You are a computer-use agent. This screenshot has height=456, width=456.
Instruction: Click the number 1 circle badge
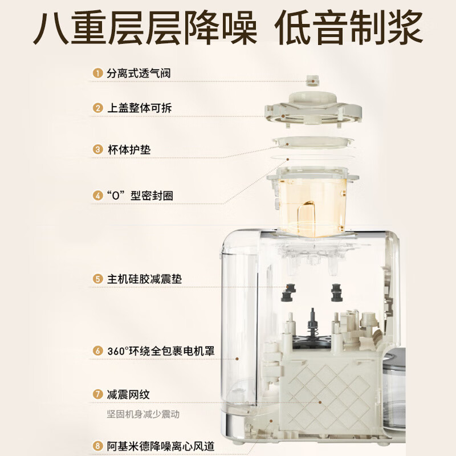[x=97, y=74]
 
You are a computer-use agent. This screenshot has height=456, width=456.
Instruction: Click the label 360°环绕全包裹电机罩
[x=161, y=351]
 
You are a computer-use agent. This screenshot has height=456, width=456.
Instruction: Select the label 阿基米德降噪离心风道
[x=161, y=446]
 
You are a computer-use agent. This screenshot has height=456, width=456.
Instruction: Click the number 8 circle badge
[x=97, y=446]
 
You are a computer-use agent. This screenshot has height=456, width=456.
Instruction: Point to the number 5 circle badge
[x=97, y=279]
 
